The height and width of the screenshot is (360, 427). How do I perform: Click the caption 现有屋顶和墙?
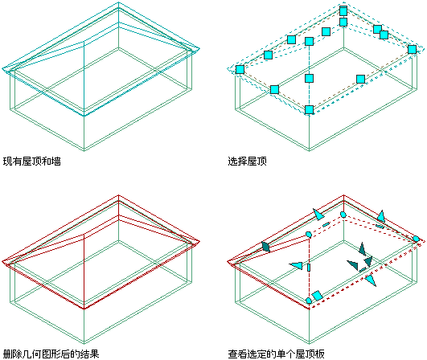[32, 162]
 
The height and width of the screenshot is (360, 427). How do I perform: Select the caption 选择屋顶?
[247, 162]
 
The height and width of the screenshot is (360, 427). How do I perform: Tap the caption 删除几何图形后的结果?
[51, 354]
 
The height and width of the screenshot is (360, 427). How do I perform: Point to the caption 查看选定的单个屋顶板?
[276, 354]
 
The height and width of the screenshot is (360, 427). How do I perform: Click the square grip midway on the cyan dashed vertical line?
[309, 79]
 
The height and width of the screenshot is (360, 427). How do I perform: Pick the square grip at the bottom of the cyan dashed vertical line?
[309, 109]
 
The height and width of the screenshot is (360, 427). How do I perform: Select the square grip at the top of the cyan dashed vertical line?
[309, 41]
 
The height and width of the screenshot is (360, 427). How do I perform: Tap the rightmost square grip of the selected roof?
[412, 49]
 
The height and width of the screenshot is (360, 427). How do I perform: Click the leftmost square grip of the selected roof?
[240, 69]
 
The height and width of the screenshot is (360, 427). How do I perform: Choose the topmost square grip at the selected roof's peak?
[343, 11]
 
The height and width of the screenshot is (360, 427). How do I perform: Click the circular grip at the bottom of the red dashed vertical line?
[309, 301]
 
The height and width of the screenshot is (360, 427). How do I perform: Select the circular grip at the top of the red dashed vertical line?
[309, 235]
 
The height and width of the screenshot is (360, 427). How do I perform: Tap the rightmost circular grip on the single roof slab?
[416, 239]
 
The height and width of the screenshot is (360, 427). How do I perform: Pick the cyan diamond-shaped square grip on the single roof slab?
[318, 296]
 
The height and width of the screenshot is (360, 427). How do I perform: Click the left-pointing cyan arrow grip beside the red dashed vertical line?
[296, 265]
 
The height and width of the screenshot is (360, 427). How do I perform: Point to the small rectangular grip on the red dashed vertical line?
[309, 268]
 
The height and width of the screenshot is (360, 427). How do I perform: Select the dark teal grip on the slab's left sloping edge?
[265, 247]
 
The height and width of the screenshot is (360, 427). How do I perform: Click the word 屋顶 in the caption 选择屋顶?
[257, 162]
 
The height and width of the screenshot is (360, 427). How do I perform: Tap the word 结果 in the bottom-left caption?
[90, 354]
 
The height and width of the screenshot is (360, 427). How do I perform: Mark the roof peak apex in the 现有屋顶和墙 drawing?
[118, 2]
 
